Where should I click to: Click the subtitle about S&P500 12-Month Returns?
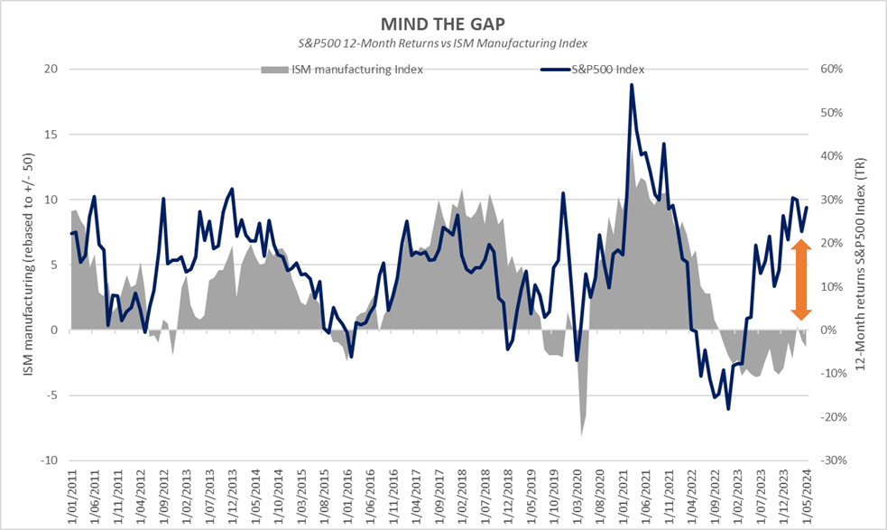pyautogui.click(x=442, y=42)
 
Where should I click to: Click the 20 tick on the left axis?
pyautogui.click(x=51, y=70)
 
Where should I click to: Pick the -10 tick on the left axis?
pyautogui.click(x=50, y=460)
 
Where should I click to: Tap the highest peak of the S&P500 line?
pyautogui.click(x=632, y=85)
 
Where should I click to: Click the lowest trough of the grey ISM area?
pyautogui.click(x=581, y=435)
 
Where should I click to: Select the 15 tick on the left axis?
pyautogui.click(x=51, y=135)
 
